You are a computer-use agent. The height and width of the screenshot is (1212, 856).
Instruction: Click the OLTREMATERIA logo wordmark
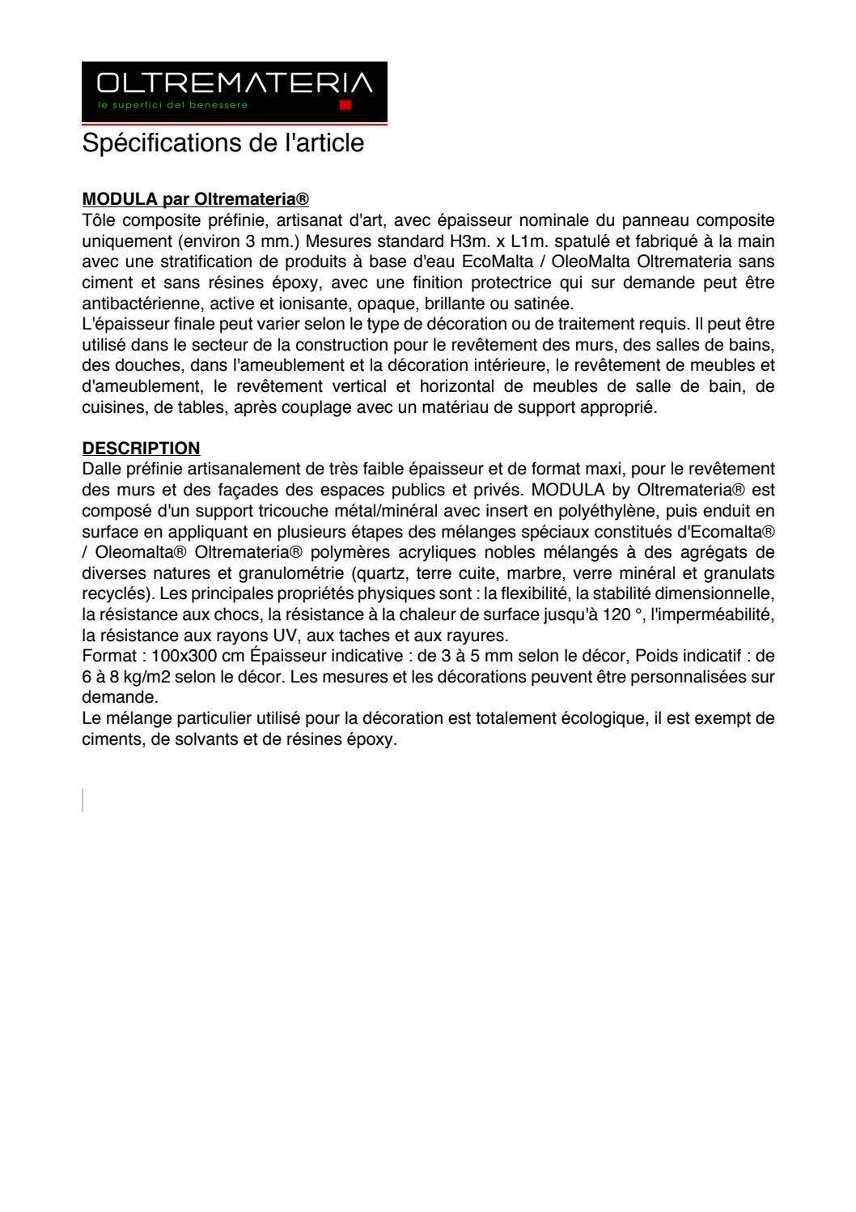point(235,83)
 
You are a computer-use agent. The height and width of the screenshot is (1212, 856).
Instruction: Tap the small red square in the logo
point(345,105)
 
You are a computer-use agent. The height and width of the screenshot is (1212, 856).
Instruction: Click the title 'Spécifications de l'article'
point(223,143)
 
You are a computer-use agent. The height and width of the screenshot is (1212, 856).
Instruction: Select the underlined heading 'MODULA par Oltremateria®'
point(196,199)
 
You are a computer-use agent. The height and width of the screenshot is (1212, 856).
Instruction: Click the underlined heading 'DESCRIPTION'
point(141,449)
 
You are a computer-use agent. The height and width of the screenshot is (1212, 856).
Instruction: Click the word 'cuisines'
point(113,407)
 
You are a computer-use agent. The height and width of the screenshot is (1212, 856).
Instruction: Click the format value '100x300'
point(172,656)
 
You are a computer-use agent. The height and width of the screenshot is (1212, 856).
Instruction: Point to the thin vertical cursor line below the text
point(83,800)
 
